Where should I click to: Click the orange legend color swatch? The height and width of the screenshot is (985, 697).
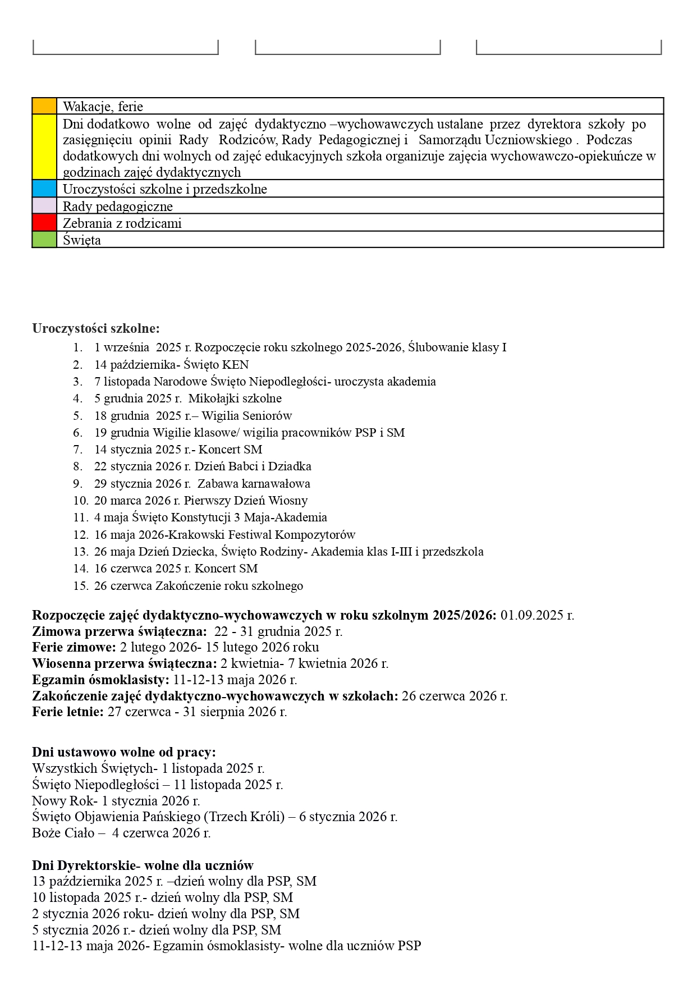click(44, 106)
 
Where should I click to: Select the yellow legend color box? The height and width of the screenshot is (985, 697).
click(44, 147)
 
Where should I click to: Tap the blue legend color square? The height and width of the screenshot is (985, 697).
click(44, 189)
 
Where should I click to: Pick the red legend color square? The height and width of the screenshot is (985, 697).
click(44, 223)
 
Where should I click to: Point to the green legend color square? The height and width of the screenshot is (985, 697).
click(44, 240)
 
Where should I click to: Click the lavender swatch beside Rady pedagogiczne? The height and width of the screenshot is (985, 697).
click(44, 206)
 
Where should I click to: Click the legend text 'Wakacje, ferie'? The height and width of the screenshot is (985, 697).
click(103, 107)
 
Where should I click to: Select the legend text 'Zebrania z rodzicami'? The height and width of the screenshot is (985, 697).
click(122, 223)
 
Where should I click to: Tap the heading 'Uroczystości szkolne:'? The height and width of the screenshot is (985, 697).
click(96, 328)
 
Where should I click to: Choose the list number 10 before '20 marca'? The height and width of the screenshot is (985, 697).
click(80, 501)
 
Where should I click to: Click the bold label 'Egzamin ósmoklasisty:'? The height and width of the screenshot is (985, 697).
click(100, 680)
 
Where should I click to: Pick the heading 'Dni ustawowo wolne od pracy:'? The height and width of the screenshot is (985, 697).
click(124, 752)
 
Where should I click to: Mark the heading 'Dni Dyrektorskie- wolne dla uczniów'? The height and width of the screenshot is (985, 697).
click(143, 865)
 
